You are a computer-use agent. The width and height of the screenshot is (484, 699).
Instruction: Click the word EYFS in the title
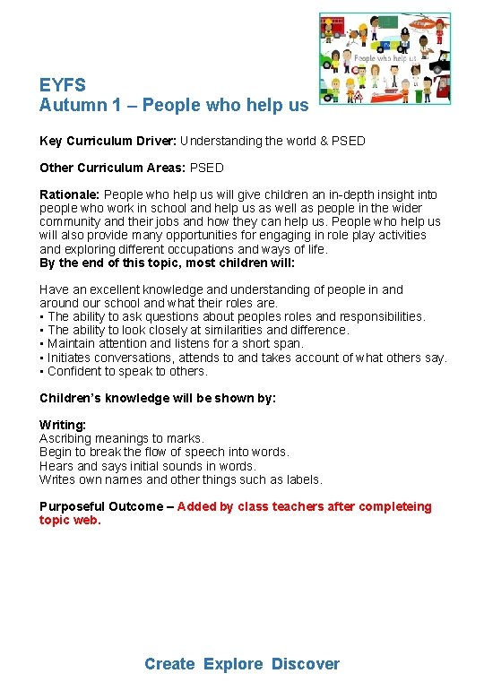click(x=63, y=85)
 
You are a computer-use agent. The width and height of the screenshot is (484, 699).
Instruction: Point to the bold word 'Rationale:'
click(x=70, y=194)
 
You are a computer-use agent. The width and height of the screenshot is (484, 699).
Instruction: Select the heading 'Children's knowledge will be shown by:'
click(x=158, y=398)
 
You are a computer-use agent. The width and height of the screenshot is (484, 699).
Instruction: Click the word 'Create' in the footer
click(x=169, y=664)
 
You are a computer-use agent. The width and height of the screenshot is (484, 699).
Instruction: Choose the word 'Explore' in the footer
click(x=233, y=664)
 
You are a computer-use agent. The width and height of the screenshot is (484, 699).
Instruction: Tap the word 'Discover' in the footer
click(x=306, y=664)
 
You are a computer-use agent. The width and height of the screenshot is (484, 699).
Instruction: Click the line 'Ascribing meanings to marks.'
click(x=122, y=438)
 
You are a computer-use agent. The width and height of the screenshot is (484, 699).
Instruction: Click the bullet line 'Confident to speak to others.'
click(x=126, y=371)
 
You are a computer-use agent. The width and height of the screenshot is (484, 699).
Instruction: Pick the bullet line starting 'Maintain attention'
click(x=176, y=343)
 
